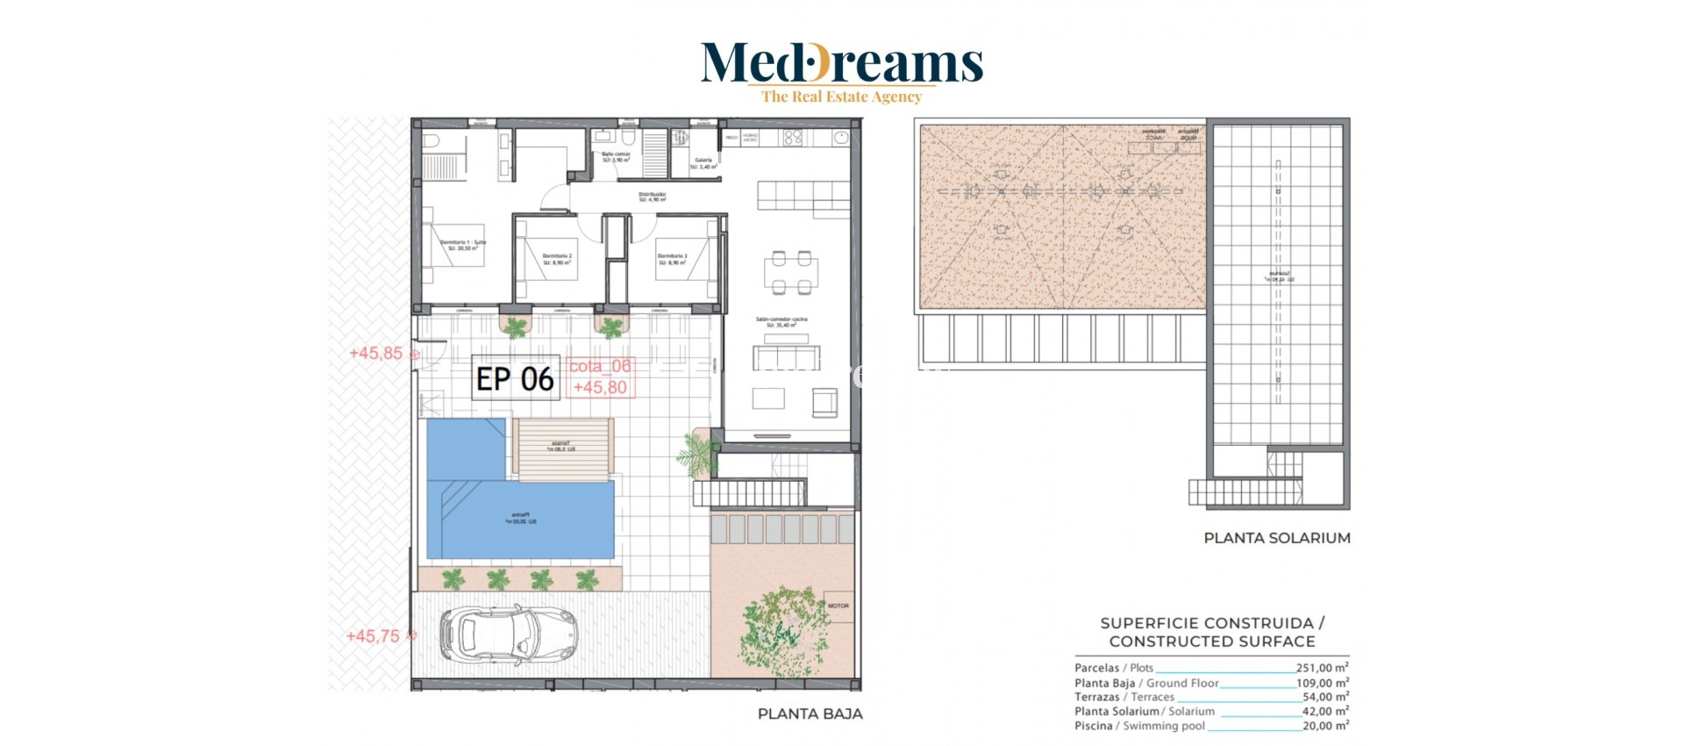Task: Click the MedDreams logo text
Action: point(841,63)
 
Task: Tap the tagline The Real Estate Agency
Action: point(841,97)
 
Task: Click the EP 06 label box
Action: point(515,378)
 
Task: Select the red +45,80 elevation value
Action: point(600,387)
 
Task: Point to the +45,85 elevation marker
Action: point(376,353)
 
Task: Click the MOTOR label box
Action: point(838,606)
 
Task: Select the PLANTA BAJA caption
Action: point(810,714)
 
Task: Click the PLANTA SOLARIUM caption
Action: point(1276,538)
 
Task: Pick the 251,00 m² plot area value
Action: point(1322,668)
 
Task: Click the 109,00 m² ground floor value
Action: point(1322,683)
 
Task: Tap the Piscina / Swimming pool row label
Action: point(1139,726)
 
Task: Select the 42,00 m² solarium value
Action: point(1324,712)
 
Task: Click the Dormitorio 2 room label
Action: point(557,259)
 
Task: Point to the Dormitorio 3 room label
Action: point(673,259)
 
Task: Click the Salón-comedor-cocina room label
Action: point(781,322)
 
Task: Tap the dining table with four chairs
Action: point(791,273)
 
